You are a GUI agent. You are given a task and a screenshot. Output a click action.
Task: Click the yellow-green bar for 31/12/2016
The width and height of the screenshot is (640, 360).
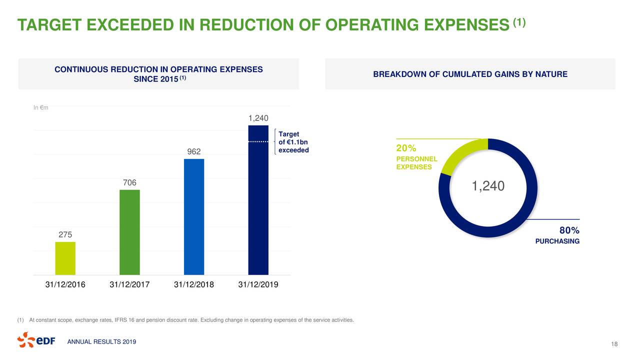click(x=65, y=258)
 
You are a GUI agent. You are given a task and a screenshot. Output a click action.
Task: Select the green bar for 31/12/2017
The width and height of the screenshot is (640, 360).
click(x=129, y=232)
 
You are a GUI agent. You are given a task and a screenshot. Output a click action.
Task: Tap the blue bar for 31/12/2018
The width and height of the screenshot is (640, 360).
click(x=194, y=217)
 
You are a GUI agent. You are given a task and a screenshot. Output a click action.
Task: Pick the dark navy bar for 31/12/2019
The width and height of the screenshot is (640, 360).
click(x=258, y=200)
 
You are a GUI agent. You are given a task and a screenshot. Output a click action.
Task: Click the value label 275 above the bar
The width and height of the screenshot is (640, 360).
click(x=65, y=234)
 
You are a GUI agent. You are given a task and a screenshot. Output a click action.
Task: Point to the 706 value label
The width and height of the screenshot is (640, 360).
click(x=129, y=182)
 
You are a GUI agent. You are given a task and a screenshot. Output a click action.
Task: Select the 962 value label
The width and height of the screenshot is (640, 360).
click(x=194, y=151)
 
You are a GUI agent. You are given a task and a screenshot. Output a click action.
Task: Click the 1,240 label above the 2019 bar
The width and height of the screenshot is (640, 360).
click(x=258, y=118)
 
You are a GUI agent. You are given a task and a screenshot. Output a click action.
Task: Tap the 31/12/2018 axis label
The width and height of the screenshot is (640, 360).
click(x=194, y=284)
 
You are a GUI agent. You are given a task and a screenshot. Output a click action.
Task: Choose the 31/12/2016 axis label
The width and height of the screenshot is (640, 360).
click(x=65, y=284)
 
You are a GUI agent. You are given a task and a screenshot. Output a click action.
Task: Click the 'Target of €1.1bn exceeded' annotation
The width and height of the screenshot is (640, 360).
click(x=293, y=142)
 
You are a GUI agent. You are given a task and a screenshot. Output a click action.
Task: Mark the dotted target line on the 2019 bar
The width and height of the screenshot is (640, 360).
click(x=258, y=141)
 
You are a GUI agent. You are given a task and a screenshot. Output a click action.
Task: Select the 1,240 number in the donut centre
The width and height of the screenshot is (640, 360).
click(x=488, y=186)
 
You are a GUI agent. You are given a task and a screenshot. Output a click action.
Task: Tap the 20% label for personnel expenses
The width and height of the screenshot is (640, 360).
click(x=406, y=148)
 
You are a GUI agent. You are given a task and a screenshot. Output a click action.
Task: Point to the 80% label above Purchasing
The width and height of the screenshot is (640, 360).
click(x=569, y=230)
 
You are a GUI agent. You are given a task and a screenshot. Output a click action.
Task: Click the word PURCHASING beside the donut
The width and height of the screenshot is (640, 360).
click(x=557, y=241)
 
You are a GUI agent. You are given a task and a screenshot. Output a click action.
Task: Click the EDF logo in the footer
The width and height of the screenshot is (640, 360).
click(x=36, y=340)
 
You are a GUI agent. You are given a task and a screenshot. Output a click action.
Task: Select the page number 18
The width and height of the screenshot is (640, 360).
click(x=614, y=344)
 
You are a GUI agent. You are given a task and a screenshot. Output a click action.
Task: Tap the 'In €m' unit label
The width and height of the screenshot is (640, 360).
click(x=41, y=107)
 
